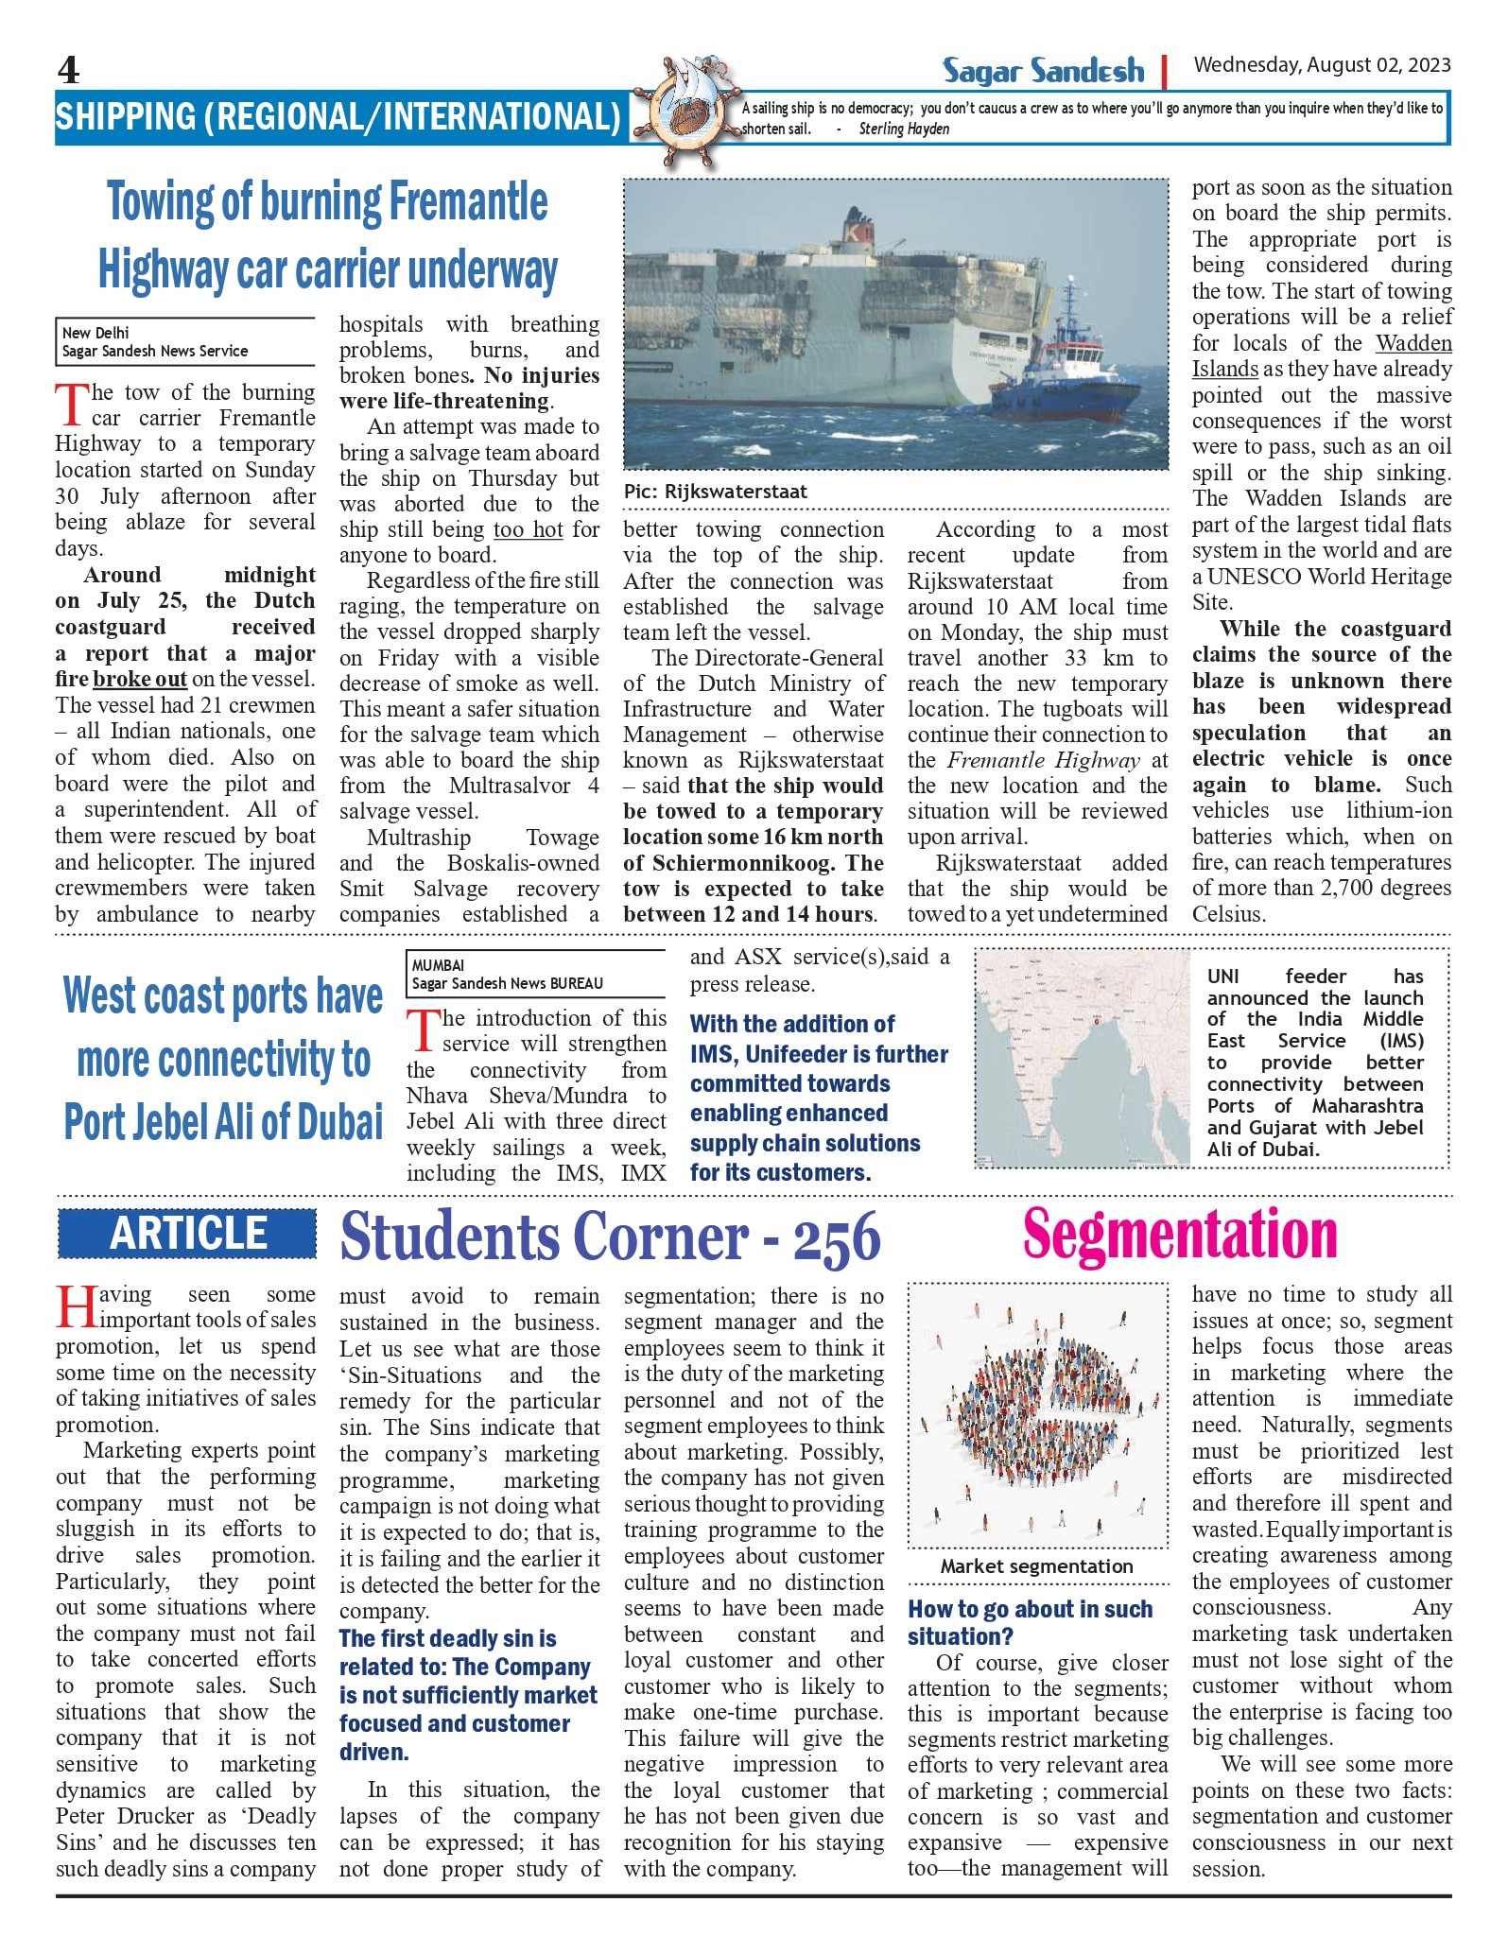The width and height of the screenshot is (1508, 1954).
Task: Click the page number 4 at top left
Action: [68, 71]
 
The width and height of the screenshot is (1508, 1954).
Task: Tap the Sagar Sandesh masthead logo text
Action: [1043, 71]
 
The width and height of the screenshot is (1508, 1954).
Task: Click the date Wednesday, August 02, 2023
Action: [1322, 65]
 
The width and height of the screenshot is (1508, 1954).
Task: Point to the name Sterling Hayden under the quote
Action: [904, 130]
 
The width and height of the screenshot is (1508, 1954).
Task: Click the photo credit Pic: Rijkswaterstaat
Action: [715, 492]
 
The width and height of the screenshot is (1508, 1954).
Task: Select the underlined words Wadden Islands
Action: [1321, 356]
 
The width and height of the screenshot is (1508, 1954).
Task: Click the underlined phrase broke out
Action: [140, 679]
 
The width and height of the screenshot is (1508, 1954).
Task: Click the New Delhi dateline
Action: [95, 333]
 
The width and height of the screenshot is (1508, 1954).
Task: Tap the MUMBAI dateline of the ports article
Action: [438, 965]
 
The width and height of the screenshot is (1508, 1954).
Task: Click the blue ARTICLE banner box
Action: [187, 1234]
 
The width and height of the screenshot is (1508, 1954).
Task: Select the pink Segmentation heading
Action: [1180, 1234]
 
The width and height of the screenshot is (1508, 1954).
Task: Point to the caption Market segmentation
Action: [1036, 1566]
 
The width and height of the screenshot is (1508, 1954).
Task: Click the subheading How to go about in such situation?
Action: [1030, 1622]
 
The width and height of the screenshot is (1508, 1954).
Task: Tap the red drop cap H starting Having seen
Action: [76, 1306]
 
